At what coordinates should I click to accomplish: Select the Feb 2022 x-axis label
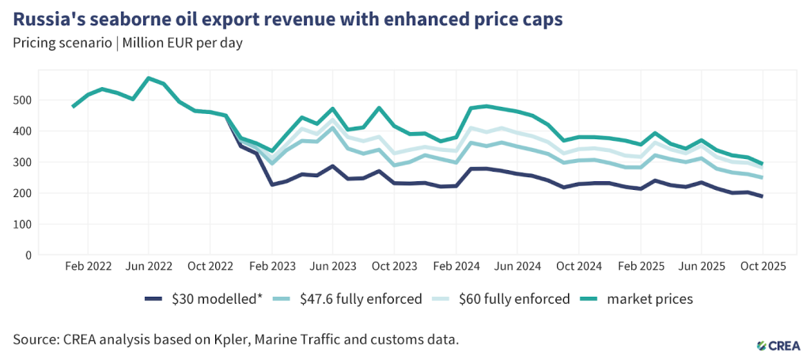(x=87, y=267)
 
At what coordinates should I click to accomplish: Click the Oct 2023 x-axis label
(x=394, y=267)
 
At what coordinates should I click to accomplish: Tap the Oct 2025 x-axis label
(x=763, y=267)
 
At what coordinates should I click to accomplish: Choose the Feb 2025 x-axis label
(x=639, y=267)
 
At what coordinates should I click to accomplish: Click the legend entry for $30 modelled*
(x=213, y=299)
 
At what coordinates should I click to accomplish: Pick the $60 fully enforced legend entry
(x=514, y=299)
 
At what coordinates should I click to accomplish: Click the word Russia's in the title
(x=49, y=19)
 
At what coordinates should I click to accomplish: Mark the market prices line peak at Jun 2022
(x=148, y=78)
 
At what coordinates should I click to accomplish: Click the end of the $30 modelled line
(x=763, y=196)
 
